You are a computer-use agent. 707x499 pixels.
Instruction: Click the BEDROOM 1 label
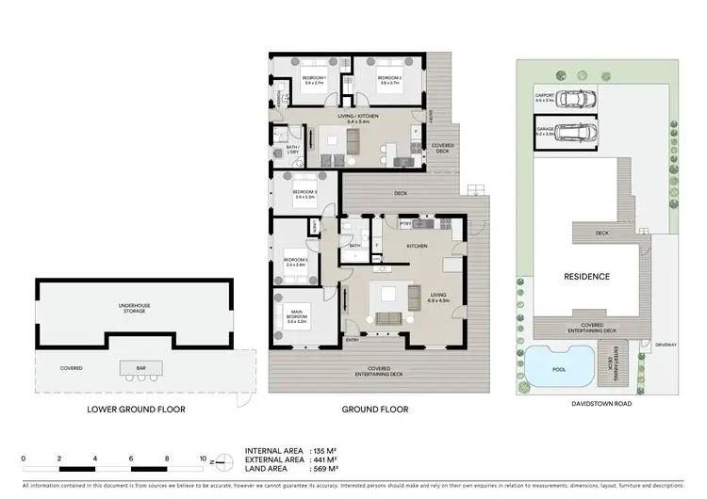[314, 77]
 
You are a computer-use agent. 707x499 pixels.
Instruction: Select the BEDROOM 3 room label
[304, 192]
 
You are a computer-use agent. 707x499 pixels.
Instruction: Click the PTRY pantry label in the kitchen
[404, 224]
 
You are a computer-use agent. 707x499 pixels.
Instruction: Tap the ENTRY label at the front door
[352, 338]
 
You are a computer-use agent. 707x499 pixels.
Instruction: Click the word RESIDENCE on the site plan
[586, 276]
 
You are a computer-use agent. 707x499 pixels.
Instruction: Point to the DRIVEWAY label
[666, 344]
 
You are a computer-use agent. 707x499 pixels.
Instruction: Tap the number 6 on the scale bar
[131, 459]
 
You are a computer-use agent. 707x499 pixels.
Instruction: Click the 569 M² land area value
[326, 469]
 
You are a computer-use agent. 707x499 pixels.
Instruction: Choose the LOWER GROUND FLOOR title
[136, 410]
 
